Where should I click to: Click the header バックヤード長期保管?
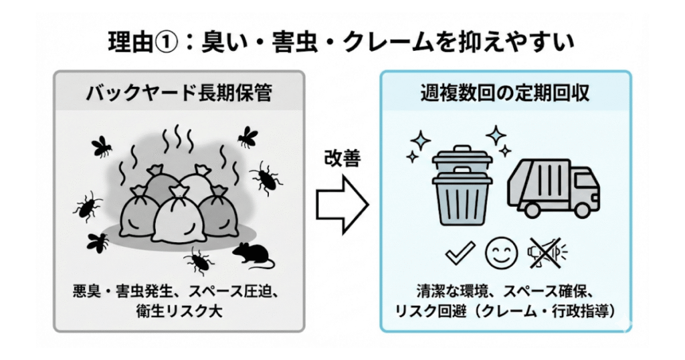point(179,92)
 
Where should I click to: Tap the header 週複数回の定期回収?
point(505,92)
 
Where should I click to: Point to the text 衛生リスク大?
point(179,310)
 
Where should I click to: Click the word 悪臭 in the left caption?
point(86,292)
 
